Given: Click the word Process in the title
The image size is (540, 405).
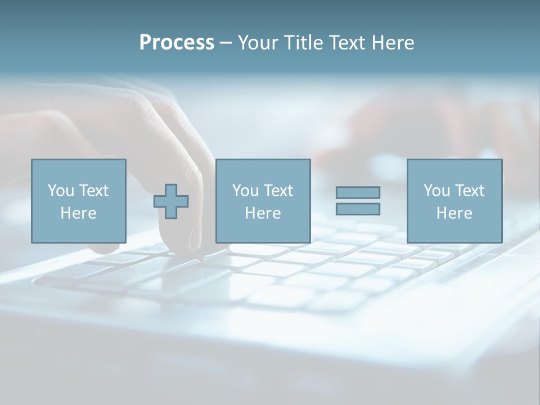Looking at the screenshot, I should [x=177, y=43].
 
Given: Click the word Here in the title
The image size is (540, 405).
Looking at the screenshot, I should [x=392, y=43].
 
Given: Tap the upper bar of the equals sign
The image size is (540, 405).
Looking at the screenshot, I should [x=358, y=192].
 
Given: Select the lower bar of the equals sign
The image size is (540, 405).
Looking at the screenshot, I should [x=358, y=209].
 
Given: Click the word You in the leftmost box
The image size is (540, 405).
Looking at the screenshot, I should [x=60, y=191].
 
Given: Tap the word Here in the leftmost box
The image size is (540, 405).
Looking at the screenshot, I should [x=78, y=213].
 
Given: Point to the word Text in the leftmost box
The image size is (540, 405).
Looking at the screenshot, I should [x=93, y=191].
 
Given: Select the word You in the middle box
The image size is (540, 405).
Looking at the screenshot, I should [x=245, y=191].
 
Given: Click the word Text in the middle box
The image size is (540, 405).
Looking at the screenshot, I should [x=277, y=191].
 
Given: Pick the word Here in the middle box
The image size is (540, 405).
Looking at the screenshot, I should [x=263, y=213].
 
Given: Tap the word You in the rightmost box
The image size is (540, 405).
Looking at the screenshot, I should [x=436, y=191].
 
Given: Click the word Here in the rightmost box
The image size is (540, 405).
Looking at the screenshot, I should [x=454, y=213].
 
